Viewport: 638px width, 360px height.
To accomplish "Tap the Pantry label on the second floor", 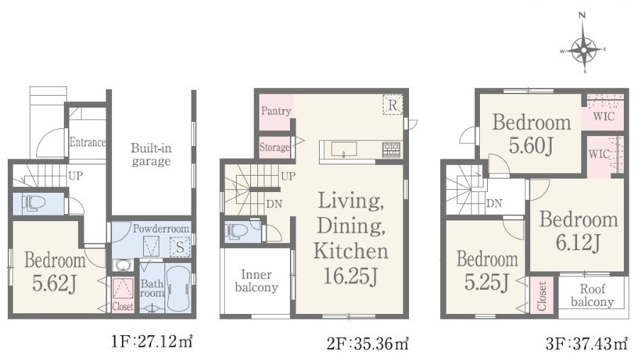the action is (276, 111).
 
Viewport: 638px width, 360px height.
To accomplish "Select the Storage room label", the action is (274, 147).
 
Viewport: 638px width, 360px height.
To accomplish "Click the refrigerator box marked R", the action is (393, 105).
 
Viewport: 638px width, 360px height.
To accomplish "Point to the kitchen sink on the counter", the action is (344, 150).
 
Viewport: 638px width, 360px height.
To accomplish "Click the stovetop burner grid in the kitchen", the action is (391, 150).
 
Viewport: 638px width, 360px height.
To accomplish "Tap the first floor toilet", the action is (30, 203).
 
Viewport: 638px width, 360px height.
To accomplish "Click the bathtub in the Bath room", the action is (178, 288).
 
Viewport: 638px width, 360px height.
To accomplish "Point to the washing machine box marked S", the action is (180, 247).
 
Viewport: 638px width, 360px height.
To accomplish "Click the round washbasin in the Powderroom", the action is (122, 266).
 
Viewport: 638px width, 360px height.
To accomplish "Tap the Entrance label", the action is (87, 142).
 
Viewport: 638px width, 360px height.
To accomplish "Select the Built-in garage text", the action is (151, 154).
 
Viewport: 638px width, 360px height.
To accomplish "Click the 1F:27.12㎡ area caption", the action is (152, 342).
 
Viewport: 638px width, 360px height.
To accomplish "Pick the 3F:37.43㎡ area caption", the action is (586, 344).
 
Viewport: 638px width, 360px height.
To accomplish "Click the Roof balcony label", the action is (592, 296).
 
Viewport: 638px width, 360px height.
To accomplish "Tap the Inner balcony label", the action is (257, 281).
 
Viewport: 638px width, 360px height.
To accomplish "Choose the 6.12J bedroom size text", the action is (578, 242).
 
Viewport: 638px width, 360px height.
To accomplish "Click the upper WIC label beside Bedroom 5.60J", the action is (604, 117).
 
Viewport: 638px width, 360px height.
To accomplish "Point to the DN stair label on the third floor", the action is (494, 203).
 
